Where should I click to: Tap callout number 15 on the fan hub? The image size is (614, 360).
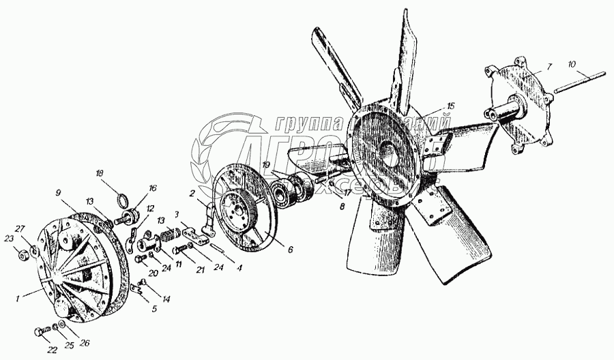449,106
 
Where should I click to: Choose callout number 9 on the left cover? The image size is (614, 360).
59,193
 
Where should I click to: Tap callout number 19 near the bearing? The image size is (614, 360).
265,164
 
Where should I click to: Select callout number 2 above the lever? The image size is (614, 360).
193,193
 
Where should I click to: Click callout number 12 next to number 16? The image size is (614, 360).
150,208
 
